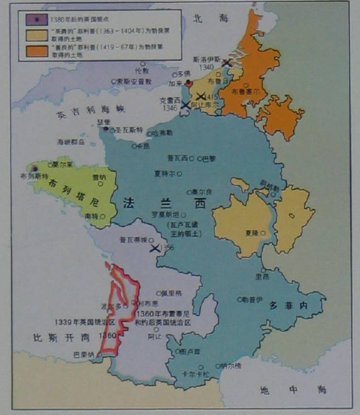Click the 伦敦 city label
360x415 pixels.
(141, 71)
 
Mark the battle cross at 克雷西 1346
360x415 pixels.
(184, 105)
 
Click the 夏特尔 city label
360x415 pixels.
(165, 173)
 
